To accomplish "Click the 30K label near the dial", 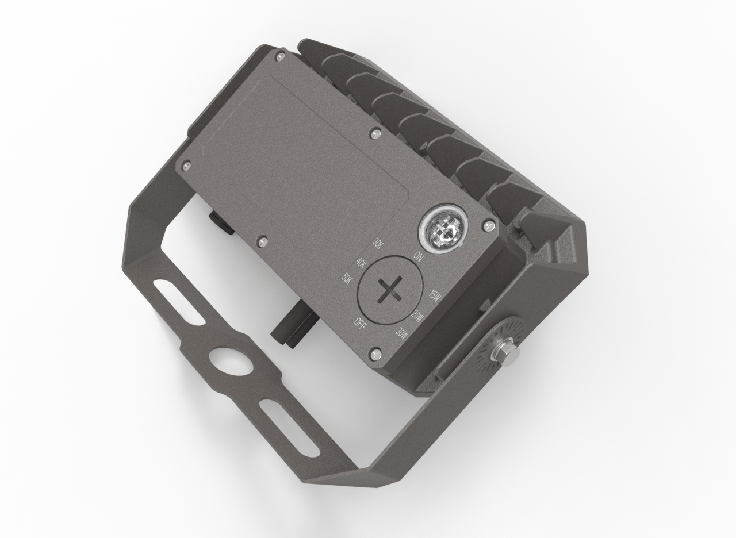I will click(x=378, y=243).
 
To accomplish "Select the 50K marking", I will click(x=347, y=279).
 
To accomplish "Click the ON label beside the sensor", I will click(x=418, y=256).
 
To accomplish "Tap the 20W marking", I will click(x=417, y=316).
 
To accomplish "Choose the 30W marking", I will click(x=401, y=333).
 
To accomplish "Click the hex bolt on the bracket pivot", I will click(x=507, y=351).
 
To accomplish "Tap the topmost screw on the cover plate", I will click(x=280, y=56).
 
